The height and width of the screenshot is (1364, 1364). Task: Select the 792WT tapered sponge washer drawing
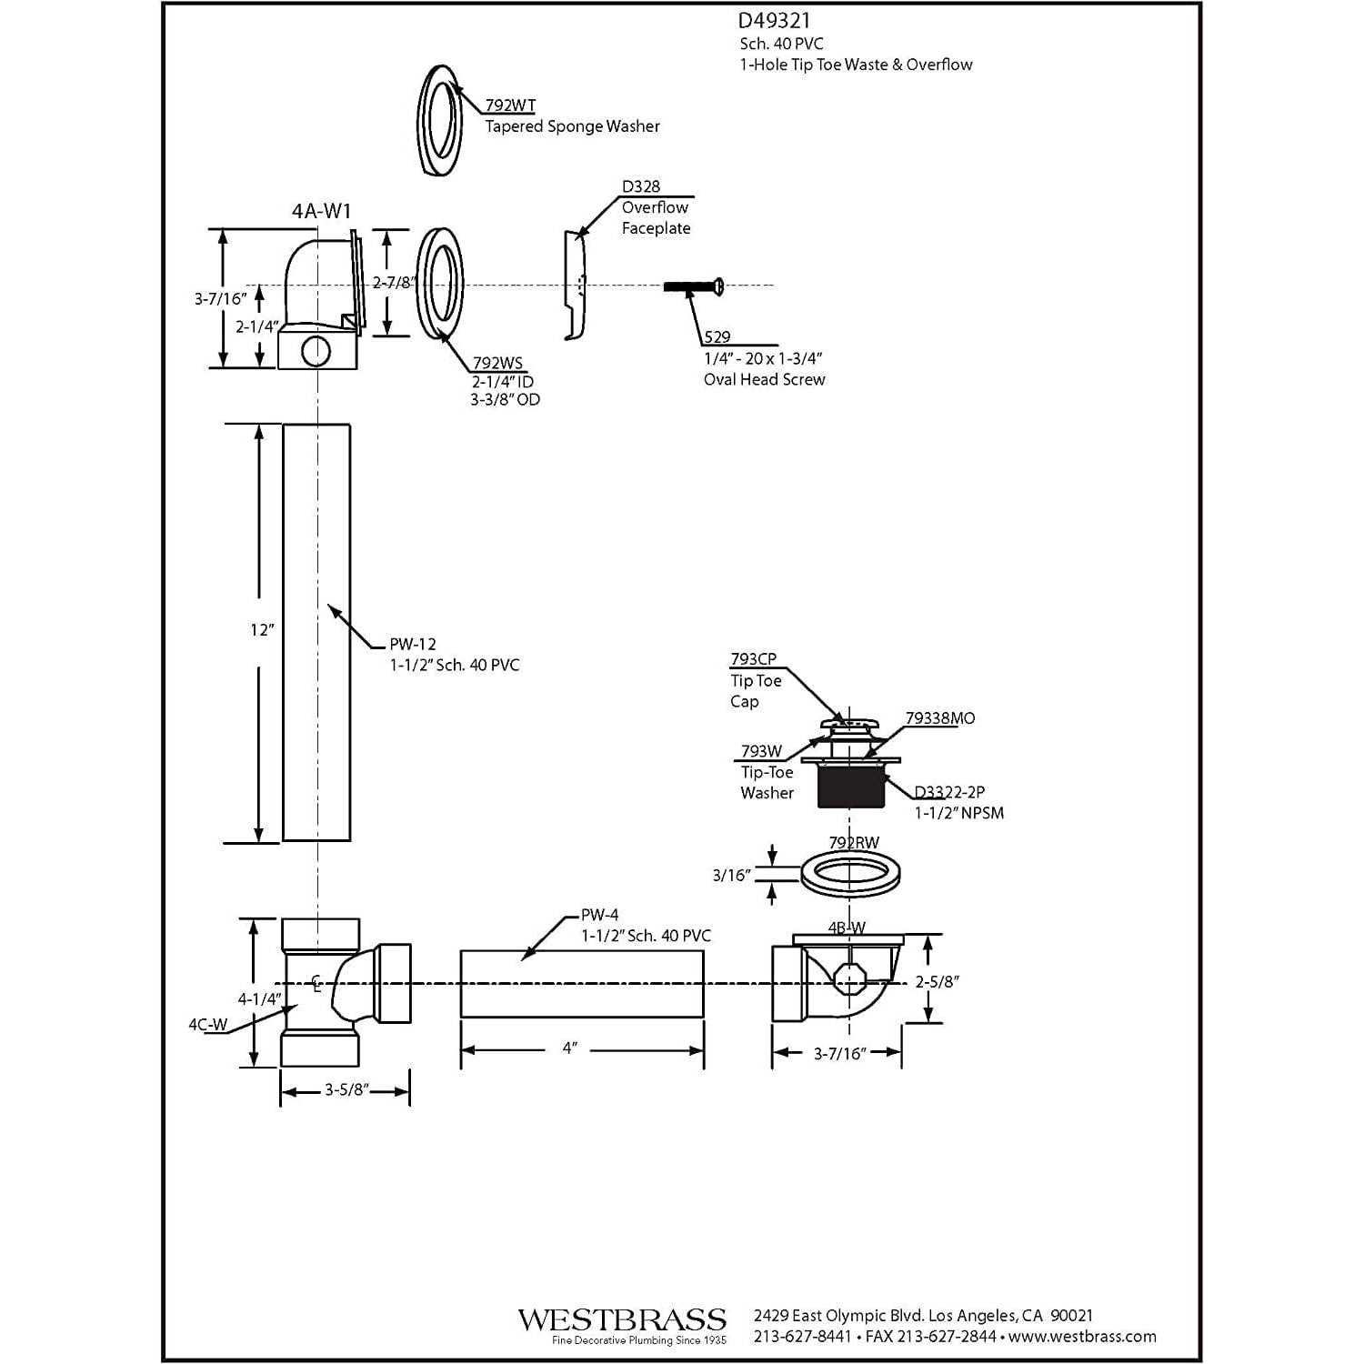coord(440,123)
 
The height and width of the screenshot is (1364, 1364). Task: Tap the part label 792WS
coord(497,363)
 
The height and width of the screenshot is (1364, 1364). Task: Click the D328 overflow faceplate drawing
coord(576,285)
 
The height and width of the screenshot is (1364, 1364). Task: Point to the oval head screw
coord(693,286)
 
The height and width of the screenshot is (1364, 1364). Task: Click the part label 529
coord(717,337)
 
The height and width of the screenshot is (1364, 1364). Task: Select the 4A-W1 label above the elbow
coord(321,211)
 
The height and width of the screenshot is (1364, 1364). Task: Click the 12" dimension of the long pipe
coord(262,629)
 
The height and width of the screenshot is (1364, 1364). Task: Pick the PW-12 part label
coord(413,644)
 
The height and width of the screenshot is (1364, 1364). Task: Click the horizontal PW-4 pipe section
coord(582,984)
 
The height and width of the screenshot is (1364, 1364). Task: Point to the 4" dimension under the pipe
coord(570,1048)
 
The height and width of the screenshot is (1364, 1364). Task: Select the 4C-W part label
coord(207,1024)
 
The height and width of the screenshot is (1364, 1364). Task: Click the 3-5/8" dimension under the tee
coord(345,1089)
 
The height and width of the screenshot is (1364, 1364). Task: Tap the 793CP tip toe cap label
coord(753,659)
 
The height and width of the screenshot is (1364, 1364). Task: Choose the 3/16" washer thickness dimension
coord(731,875)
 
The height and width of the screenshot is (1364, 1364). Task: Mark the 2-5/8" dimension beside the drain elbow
coord(938,981)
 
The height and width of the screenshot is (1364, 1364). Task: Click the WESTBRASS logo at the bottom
coord(622,1320)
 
